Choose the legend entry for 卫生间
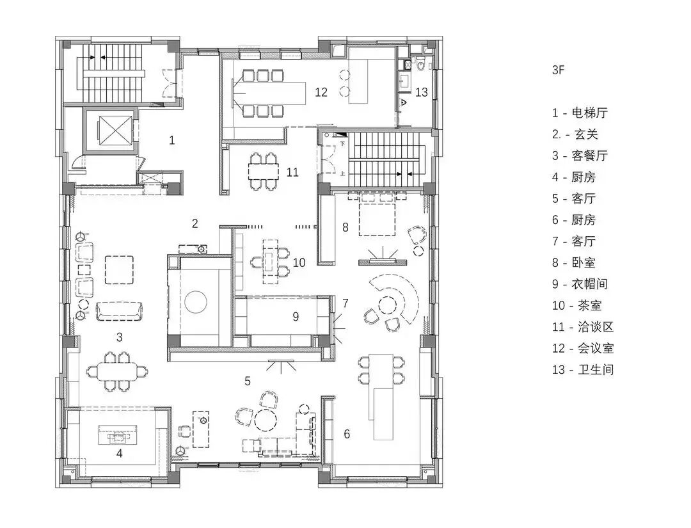tap(582, 369)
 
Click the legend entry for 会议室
tap(582, 348)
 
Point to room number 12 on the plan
tap(321, 92)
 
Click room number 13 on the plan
tap(421, 92)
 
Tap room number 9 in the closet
tap(296, 316)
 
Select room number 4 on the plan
tap(119, 454)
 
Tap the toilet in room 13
tap(420, 65)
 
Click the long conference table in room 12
tap(271, 93)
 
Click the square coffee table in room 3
tap(119, 269)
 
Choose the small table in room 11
tap(263, 171)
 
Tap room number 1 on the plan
tap(171, 140)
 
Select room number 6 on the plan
tap(347, 434)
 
